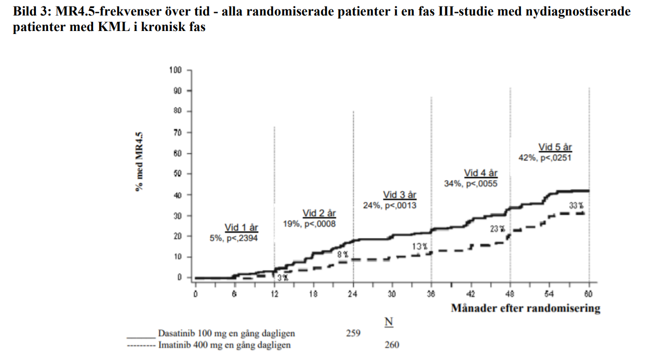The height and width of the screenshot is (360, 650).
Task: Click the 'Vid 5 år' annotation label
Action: [x=555, y=147]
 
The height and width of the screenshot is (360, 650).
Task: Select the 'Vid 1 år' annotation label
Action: [x=241, y=228]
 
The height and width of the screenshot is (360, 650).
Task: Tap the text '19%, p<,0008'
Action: [x=309, y=224]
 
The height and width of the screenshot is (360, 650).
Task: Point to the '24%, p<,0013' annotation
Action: [x=390, y=205]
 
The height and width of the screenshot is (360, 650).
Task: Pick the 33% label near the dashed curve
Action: [x=576, y=205]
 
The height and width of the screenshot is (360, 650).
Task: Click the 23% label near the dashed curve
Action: [x=497, y=229]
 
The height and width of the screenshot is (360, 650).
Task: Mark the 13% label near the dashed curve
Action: [x=420, y=246]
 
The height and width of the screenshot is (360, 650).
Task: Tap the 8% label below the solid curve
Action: [x=342, y=254]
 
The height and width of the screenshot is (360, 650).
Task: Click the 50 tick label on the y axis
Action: [x=177, y=174]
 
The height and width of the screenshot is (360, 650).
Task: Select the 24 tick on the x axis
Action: [x=353, y=294]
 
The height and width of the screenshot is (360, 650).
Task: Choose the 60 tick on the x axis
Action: [x=589, y=294]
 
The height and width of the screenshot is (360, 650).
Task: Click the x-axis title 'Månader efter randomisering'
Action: [x=525, y=308]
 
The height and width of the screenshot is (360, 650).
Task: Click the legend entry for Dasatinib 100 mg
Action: [x=226, y=333]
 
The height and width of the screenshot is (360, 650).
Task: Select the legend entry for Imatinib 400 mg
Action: [x=224, y=345]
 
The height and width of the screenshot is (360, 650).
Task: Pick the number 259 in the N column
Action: [x=353, y=333]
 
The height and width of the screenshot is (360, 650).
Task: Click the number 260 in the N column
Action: [x=392, y=345]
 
